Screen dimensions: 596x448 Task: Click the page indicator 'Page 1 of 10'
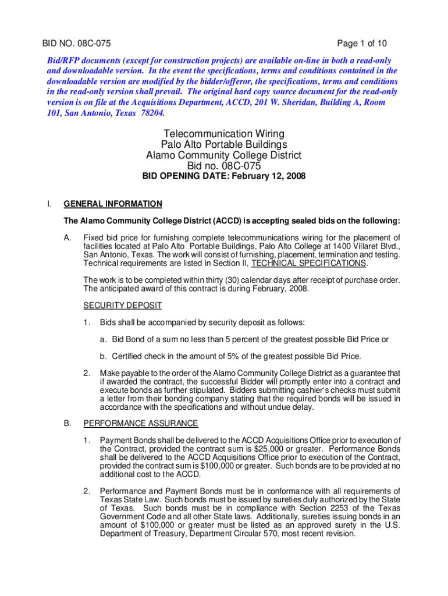click(362, 44)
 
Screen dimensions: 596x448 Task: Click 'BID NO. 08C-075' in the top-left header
click(76, 44)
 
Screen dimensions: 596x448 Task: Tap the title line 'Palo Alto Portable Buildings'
click(224, 144)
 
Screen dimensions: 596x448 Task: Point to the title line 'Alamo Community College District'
click(224, 155)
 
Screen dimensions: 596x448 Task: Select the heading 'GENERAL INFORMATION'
click(113, 204)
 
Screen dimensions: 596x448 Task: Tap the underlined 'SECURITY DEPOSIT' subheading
click(123, 306)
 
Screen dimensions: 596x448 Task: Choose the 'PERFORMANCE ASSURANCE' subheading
click(141, 423)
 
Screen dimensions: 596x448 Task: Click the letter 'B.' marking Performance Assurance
click(67, 423)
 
